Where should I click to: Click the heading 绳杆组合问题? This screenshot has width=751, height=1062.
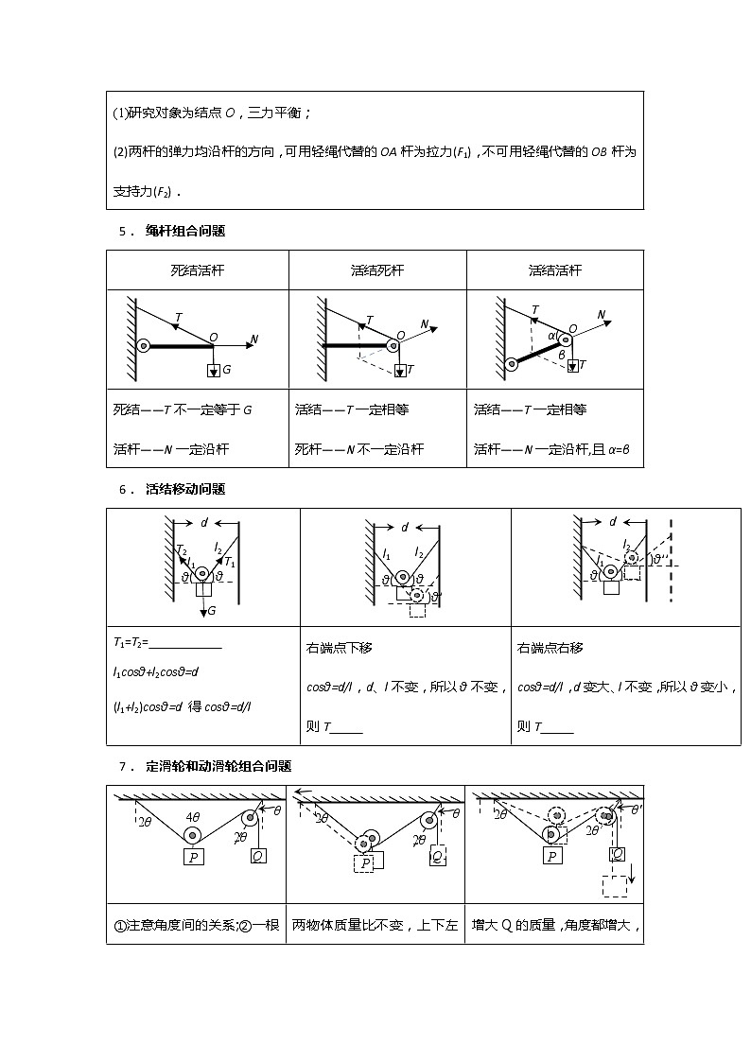(185, 230)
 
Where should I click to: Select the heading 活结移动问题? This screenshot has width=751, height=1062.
(185, 489)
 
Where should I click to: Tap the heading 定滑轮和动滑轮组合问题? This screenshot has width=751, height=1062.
(218, 765)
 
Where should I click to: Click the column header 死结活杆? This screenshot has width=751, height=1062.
(197, 270)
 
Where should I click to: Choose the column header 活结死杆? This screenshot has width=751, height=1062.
(376, 270)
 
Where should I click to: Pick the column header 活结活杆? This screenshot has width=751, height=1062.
(555, 270)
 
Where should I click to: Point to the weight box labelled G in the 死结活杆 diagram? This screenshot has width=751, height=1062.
(213, 370)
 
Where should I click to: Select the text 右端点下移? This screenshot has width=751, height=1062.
(340, 648)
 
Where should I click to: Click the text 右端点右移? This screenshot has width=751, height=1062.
(550, 648)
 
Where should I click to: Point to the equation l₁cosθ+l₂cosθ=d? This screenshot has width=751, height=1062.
(155, 671)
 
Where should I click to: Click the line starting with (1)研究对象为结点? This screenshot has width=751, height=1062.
(212, 113)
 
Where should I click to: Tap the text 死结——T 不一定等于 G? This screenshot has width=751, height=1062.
(183, 409)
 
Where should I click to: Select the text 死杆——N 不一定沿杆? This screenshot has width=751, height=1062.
(359, 449)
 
